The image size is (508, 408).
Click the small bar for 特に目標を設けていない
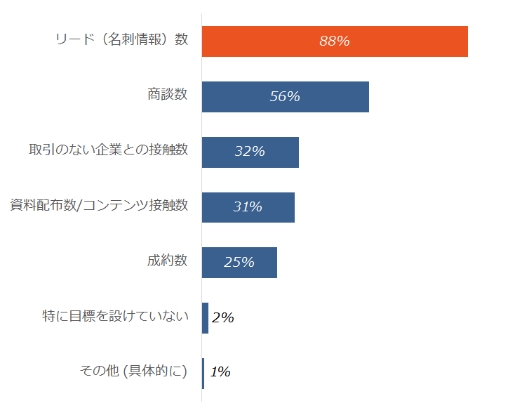click(205, 318)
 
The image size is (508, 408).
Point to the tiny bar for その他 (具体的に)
click(203, 373)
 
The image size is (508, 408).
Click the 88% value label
click(334, 41)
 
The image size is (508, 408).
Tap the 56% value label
click(285, 97)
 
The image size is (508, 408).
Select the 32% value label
click(250, 152)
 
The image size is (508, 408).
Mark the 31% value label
click(248, 207)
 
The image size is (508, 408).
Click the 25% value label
click(239, 263)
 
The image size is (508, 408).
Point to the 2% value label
click(222, 318)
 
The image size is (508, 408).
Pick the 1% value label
click(220, 373)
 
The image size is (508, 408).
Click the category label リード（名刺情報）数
click(121, 39)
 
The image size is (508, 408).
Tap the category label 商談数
click(167, 95)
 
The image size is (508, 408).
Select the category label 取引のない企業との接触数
click(108, 150)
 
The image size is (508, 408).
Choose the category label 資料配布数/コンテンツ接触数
click(99, 205)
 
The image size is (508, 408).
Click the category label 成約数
click(167, 261)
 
